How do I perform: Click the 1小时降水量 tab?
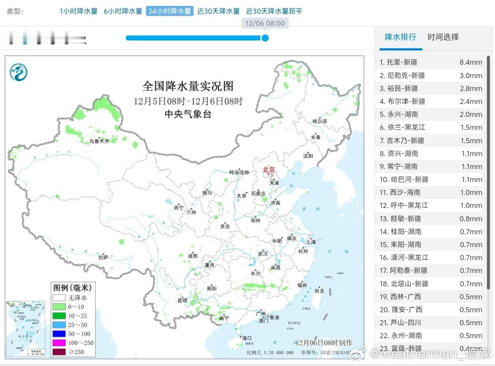click(x=78, y=11)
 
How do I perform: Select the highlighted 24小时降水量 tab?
click(x=170, y=11)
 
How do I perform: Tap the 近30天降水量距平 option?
click(x=274, y=11)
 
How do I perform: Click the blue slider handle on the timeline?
click(x=265, y=38)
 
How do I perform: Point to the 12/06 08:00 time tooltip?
click(x=265, y=23)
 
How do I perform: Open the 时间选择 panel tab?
click(x=443, y=37)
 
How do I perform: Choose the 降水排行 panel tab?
click(x=400, y=37)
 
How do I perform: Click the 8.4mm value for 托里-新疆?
click(x=471, y=62)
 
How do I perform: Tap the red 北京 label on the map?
click(x=269, y=170)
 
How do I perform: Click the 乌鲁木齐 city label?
click(x=99, y=141)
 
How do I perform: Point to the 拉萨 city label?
click(x=103, y=257)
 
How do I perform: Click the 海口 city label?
click(x=246, y=338)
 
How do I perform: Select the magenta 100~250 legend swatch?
click(x=59, y=343)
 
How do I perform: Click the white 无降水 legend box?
click(x=59, y=298)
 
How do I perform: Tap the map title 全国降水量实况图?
click(x=188, y=86)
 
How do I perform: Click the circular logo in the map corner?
click(x=18, y=72)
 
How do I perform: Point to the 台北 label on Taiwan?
click(x=319, y=291)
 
